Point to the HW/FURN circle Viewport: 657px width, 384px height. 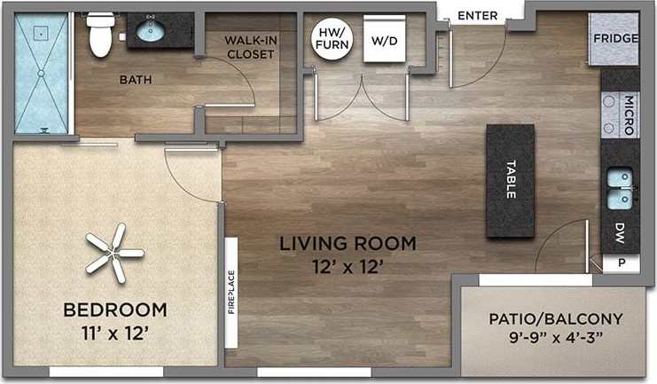coord(330,39)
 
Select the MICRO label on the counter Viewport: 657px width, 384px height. coord(628,114)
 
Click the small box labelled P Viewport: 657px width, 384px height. coord(621,263)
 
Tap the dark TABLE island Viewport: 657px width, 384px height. coord(510,180)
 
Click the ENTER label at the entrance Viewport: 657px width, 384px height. coord(478,15)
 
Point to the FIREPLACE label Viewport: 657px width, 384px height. coord(232,293)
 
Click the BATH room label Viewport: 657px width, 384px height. coord(136,79)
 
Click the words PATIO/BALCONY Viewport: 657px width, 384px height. coord(557,318)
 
